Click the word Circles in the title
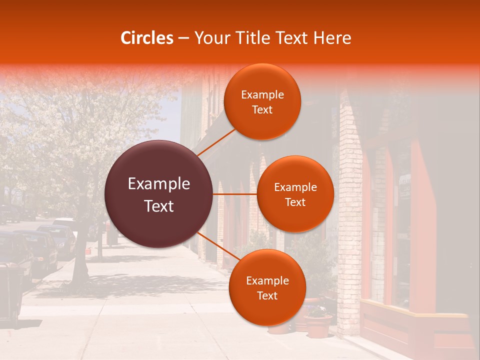[147, 38]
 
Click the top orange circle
[262, 101]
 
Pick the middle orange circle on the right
[295, 194]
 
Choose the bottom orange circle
[267, 287]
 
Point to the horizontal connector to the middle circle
[235, 194]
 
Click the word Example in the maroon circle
[159, 184]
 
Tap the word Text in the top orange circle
[262, 110]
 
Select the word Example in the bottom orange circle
[267, 280]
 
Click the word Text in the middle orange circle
[295, 202]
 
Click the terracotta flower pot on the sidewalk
[318, 325]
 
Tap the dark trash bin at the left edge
[11, 295]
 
